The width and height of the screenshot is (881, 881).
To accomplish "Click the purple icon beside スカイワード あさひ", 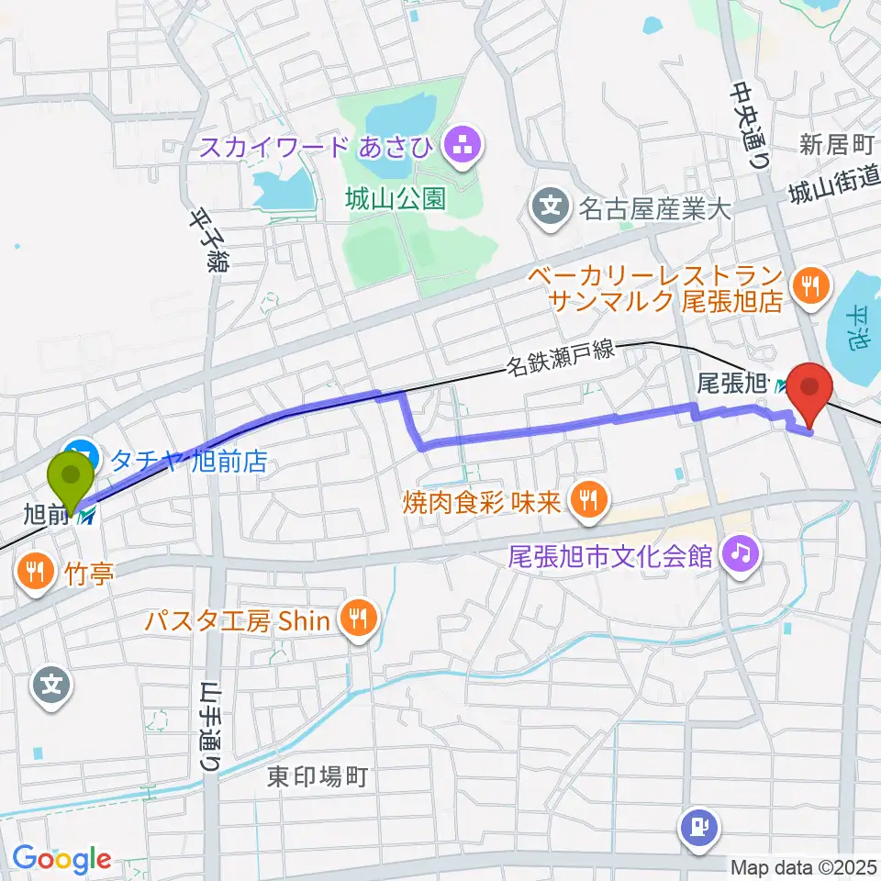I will coord(456,143).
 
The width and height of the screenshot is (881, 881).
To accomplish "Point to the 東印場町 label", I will coord(318,777).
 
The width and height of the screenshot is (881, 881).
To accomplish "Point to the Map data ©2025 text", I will coord(804,865).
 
